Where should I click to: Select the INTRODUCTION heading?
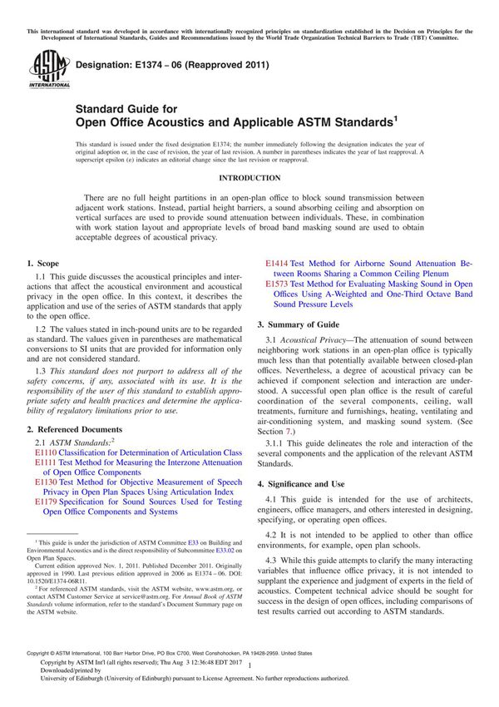point(249,178)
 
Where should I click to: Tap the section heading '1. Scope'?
point(43,263)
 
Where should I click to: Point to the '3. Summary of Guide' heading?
point(298,324)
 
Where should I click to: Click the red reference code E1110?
point(47,452)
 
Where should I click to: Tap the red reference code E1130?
point(47,482)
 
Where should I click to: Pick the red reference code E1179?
point(47,503)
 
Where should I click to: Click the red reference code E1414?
point(278,263)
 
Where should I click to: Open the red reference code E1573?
point(278,284)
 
